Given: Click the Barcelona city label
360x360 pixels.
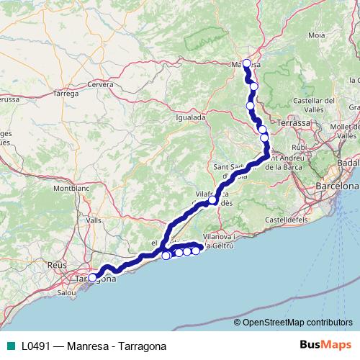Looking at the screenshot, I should coord(332,186).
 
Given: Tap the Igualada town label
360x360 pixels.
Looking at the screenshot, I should coord(191,117).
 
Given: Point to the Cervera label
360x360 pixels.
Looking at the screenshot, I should coord(101,84).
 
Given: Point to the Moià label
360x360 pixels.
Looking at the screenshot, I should coord(317,34).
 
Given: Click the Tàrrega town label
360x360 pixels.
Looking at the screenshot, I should coord(66,94).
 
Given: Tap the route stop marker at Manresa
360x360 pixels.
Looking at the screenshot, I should coord(247,63).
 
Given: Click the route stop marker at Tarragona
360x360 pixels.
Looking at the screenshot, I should coord(92,277).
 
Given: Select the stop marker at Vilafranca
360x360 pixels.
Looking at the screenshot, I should coord(213,200).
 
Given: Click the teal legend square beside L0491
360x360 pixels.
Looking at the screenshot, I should coord(9,345).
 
